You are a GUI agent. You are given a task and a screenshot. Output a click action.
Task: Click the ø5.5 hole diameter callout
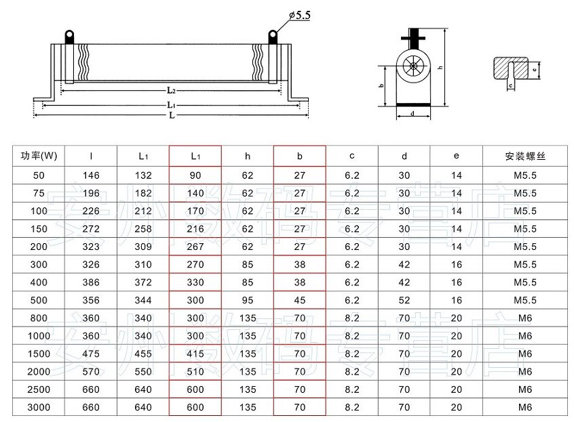pos(299,16)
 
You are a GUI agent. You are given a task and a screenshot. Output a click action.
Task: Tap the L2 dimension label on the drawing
pos(172,90)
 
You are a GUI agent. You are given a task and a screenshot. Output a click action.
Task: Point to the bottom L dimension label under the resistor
pos(172,115)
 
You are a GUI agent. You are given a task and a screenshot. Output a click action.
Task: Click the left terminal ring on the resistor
pos(69,36)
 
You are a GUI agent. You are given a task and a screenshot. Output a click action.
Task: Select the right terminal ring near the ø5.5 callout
pos(273,36)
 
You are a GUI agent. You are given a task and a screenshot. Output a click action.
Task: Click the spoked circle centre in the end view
pos(413,66)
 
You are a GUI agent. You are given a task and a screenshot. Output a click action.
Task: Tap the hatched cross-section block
pos(511,68)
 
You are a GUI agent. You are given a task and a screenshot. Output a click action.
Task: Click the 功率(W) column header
pos(39,156)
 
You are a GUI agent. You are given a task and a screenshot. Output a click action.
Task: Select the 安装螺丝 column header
pos(525,156)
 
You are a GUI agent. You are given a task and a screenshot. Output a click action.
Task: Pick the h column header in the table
pos(248,156)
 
